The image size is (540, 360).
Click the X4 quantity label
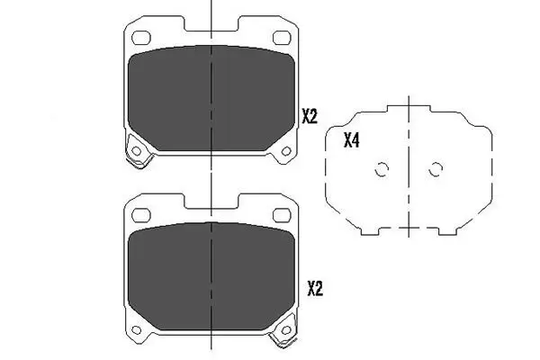(x=352, y=139)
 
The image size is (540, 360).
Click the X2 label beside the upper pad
(x=310, y=115)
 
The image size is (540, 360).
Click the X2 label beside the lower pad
(x=315, y=288)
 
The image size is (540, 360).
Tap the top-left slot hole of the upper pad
(x=140, y=38)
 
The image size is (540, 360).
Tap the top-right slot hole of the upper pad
(x=281, y=38)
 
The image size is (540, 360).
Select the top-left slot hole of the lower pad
(x=140, y=212)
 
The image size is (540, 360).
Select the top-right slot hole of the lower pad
(x=281, y=212)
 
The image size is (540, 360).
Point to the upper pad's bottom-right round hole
(x=285, y=149)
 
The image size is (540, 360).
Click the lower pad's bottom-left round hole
(x=136, y=324)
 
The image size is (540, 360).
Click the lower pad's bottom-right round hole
(x=285, y=324)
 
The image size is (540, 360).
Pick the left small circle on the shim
(x=381, y=169)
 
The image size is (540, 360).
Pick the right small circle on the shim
(x=436, y=169)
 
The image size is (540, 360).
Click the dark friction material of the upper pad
(x=211, y=99)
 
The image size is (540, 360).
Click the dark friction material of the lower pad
(x=211, y=274)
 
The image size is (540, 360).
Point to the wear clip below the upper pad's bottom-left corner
(x=139, y=162)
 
